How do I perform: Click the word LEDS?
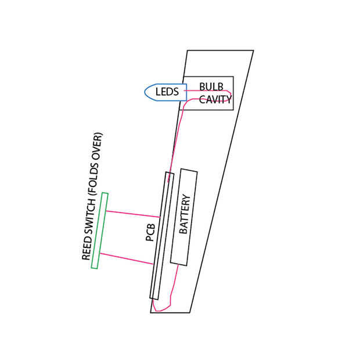point(167,92)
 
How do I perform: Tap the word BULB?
point(211,86)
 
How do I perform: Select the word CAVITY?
point(215,99)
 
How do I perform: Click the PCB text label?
point(149,231)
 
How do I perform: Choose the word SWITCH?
point(89,217)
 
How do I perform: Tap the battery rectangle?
point(187,247)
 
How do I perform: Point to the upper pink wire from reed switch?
point(131,214)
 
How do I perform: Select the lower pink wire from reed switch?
point(125,258)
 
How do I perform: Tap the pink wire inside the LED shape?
point(180,91)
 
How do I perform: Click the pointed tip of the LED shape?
point(145,92)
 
